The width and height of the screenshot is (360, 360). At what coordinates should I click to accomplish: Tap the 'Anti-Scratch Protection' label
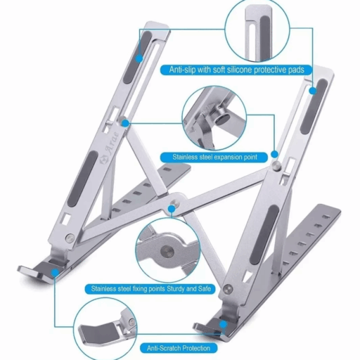[x=179, y=348]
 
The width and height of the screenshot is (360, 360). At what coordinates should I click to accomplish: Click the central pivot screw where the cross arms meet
[x=174, y=202]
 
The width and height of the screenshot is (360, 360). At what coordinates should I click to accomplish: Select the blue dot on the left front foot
[x=56, y=273]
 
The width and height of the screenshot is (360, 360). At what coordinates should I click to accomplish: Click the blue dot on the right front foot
[x=224, y=325]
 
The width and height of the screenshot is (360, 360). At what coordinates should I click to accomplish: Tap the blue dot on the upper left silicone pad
[x=139, y=58]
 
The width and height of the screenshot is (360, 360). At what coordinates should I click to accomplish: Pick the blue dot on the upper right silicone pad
[x=313, y=91]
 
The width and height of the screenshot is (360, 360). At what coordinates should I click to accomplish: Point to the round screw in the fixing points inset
[x=167, y=252]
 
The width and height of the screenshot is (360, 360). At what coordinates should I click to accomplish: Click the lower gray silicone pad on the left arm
[x=82, y=179]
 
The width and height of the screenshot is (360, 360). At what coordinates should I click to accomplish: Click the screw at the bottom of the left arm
[x=70, y=238]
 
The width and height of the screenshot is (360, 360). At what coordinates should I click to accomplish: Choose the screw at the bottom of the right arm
[x=228, y=289]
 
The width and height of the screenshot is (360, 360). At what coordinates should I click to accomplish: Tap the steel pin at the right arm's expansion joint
[x=276, y=165]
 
